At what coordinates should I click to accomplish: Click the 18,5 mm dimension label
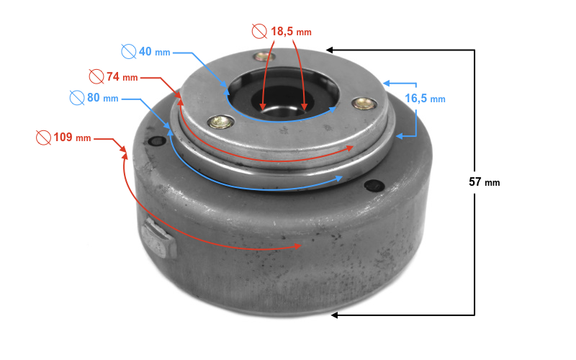292,32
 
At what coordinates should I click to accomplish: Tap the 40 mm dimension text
155,52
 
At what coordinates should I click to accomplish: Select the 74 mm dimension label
122,77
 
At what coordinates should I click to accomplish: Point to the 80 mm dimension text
103,98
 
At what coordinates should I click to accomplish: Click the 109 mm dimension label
73,138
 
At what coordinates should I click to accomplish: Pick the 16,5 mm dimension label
425,99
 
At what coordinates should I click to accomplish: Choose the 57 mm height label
485,182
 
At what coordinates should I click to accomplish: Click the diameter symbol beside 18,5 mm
259,31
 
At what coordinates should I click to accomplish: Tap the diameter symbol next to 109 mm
43,138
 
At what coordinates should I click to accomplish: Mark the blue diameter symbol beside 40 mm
129,51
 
